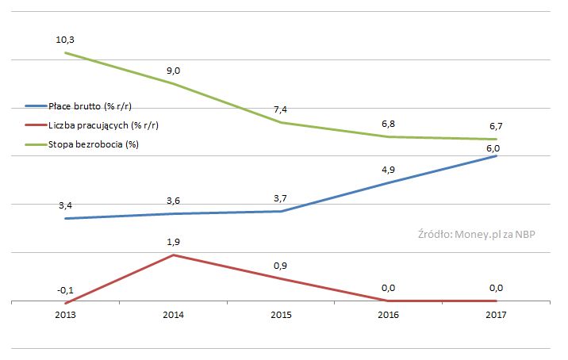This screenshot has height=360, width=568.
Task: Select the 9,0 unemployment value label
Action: [174, 71]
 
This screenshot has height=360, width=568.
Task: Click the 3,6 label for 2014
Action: [174, 201]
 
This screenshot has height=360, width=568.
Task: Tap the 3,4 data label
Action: [67, 206]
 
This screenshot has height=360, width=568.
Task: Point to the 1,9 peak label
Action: [174, 242]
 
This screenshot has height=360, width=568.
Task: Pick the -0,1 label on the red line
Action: [65, 290]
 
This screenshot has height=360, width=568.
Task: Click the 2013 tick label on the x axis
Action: [66, 316]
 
